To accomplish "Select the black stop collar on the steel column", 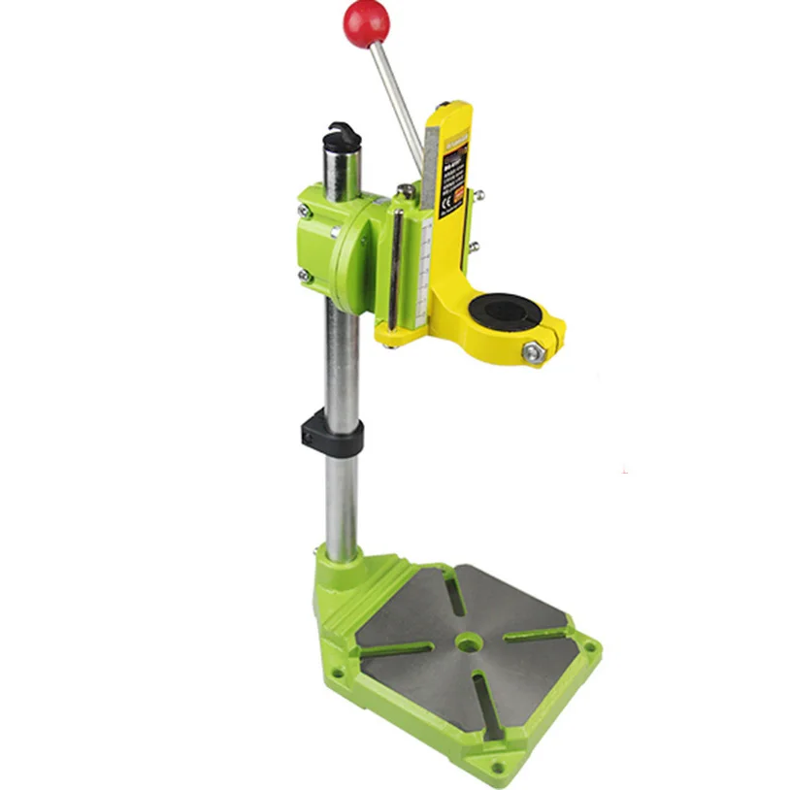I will (x=334, y=436).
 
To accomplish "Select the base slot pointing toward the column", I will (x=452, y=591).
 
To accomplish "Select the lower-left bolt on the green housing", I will (x=305, y=277).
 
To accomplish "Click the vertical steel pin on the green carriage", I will (x=394, y=262).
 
